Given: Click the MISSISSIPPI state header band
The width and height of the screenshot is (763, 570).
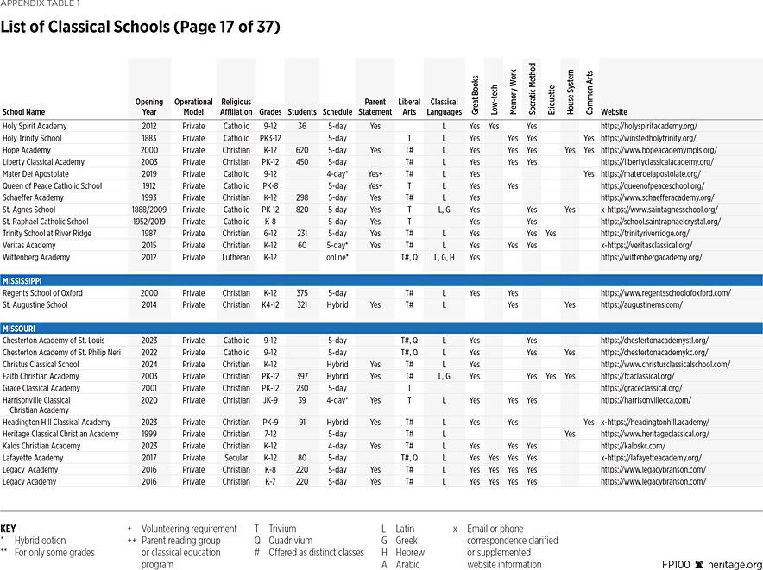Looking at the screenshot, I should pyautogui.click(x=381, y=280).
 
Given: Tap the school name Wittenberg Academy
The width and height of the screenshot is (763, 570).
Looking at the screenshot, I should pyautogui.click(x=36, y=257).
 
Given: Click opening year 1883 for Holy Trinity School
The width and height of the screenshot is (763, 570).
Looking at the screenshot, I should pyautogui.click(x=149, y=138).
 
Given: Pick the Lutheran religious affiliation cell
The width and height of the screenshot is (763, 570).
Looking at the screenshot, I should pyautogui.click(x=236, y=257).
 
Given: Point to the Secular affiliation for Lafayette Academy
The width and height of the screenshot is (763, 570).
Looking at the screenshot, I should pyautogui.click(x=236, y=458).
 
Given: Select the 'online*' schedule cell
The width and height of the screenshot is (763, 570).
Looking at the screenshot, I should pyautogui.click(x=337, y=257).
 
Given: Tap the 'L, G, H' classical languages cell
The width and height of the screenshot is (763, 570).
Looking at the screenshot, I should pyautogui.click(x=445, y=257).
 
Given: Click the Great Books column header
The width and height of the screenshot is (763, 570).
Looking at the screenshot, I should pyautogui.click(x=475, y=95).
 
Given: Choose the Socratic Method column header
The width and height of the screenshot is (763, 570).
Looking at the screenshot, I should pyautogui.click(x=532, y=89).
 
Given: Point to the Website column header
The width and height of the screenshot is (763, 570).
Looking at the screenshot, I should pyautogui.click(x=615, y=112).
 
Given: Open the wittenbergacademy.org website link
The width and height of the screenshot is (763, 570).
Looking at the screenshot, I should pyautogui.click(x=651, y=257).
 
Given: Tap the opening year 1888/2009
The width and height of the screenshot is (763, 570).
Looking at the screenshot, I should pyautogui.click(x=149, y=210).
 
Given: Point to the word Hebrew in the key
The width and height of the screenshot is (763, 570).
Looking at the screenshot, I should pyautogui.click(x=411, y=553).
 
